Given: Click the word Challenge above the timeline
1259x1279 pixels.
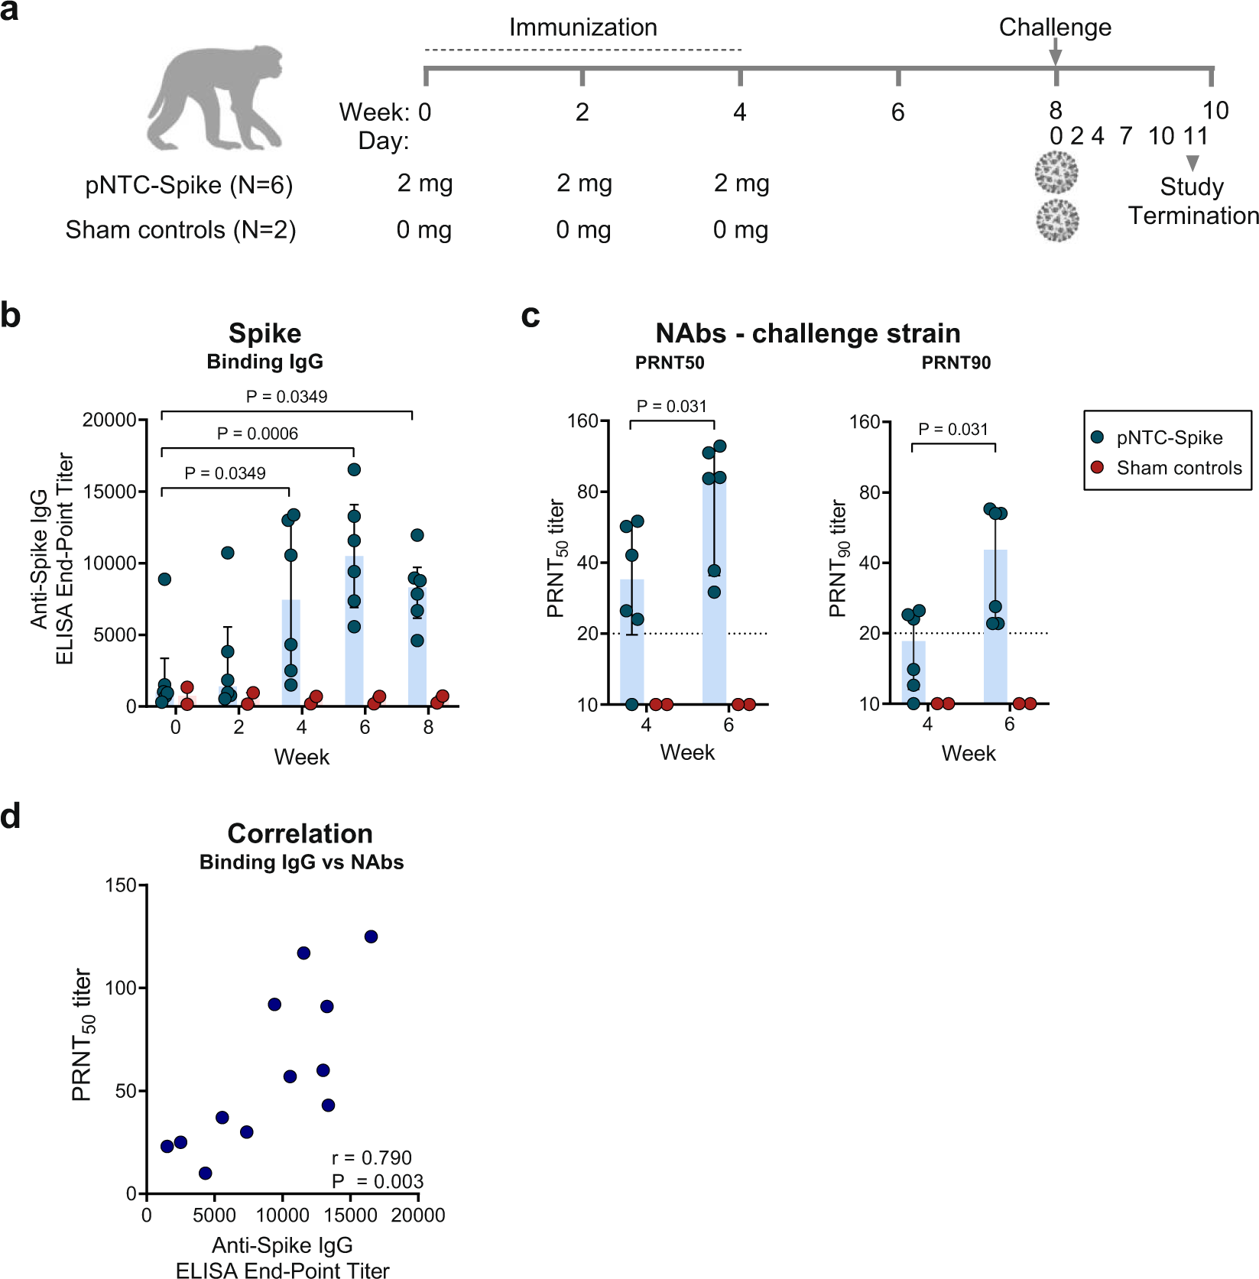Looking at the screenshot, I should pos(1055,28).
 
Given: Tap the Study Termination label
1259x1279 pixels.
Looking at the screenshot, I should pos(1192,201).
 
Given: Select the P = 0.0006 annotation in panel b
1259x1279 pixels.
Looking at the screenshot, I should pos(258,433).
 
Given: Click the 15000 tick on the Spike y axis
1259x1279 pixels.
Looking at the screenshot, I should pos(109,492).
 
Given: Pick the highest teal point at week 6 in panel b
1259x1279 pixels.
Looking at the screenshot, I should pos(354,469).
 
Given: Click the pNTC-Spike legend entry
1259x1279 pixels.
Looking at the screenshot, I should pos(1168,438).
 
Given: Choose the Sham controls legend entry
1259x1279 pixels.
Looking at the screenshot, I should pos(1178,468).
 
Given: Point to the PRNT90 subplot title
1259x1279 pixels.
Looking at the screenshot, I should pos(956,363).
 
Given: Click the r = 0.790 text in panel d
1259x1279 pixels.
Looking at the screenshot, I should pos(372,1157).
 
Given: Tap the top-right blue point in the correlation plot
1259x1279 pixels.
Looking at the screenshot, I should pos(371,937).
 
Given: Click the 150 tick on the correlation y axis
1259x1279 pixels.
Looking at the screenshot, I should pos(120,885).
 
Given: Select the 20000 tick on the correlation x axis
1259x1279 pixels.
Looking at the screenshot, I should pos(418,1215).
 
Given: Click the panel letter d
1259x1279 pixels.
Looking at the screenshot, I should pos(11,816).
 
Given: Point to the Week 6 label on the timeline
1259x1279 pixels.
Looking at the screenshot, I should pos(897,113).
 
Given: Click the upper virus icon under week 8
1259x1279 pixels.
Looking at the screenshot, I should pos(1056,172).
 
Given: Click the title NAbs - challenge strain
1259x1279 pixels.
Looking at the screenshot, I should pos(807,333).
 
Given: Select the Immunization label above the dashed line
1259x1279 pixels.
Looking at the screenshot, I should pos(582,28).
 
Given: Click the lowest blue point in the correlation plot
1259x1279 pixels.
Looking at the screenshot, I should pos(205,1173).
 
